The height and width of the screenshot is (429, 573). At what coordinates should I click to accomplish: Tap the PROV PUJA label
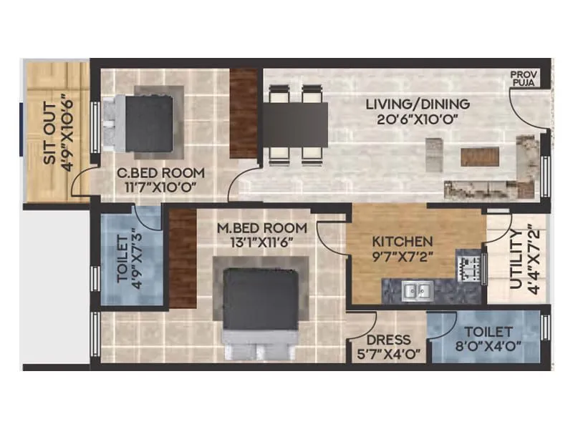(x=524, y=79)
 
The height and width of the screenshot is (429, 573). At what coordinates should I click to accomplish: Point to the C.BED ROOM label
(x=161, y=173)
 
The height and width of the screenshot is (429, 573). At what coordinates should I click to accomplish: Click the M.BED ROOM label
(x=261, y=228)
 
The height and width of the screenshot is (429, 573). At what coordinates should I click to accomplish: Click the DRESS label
(x=387, y=340)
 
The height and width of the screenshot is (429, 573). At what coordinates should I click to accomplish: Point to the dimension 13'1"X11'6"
(x=261, y=242)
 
